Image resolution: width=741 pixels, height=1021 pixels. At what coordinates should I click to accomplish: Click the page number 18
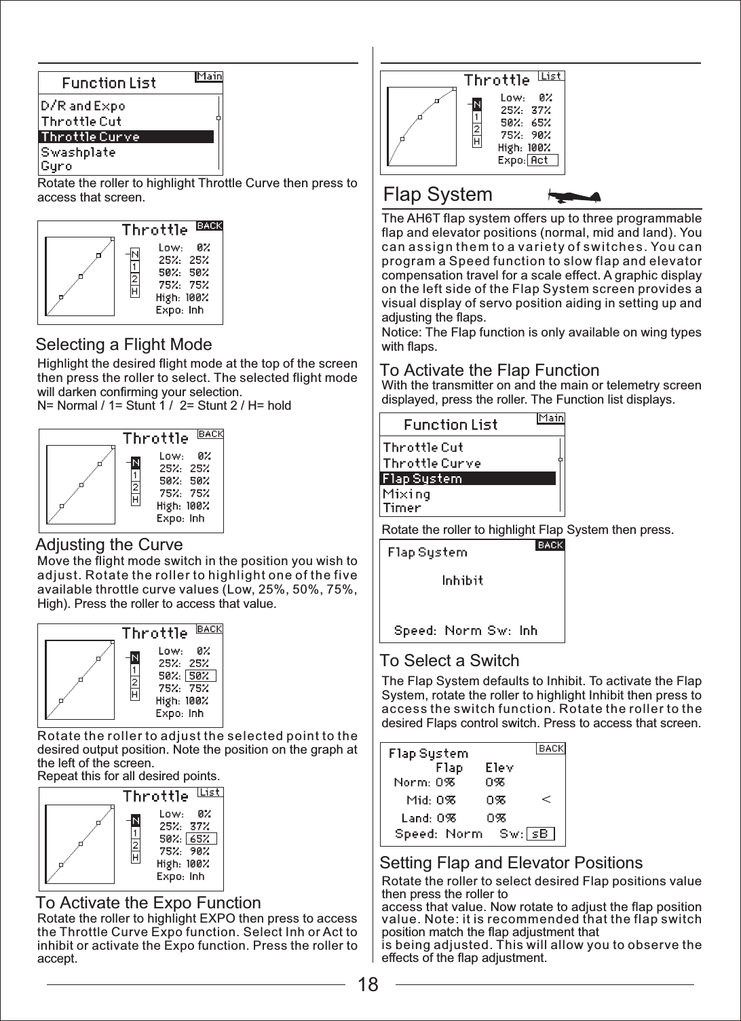click(368, 984)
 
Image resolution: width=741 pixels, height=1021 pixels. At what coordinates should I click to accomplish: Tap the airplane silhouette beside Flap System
click(574, 197)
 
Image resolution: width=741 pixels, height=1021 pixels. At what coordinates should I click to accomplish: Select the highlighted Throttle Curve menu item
click(126, 136)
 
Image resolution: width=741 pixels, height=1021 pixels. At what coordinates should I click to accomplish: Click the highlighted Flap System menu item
click(468, 478)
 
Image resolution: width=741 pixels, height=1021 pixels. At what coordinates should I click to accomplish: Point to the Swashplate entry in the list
click(78, 152)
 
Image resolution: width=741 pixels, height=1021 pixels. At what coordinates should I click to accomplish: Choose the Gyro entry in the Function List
click(56, 166)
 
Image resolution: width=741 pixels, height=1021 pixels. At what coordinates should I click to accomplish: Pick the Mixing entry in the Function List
click(406, 494)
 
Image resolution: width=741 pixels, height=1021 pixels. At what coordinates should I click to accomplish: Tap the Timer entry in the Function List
click(402, 508)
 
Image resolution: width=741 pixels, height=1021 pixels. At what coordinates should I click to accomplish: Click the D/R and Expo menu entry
click(83, 106)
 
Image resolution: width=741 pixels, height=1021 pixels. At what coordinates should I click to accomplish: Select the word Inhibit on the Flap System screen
click(462, 580)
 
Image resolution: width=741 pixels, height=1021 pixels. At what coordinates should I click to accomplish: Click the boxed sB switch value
click(540, 834)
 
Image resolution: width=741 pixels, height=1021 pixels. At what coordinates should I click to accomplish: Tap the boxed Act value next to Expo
click(542, 161)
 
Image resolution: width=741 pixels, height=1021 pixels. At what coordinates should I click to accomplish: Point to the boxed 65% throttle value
click(201, 839)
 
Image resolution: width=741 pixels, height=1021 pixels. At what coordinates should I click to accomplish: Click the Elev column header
click(499, 768)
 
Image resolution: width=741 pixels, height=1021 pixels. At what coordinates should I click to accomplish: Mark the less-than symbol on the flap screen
click(546, 800)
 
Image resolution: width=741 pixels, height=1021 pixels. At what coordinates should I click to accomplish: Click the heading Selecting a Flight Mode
click(123, 345)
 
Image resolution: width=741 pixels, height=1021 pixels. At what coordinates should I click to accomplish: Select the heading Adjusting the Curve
click(109, 545)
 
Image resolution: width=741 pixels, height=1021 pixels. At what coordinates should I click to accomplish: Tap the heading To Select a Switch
click(449, 661)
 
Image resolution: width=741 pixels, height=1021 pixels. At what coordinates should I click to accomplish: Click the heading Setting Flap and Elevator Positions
click(511, 863)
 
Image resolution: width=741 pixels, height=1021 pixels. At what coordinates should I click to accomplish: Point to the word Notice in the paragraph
click(400, 332)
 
